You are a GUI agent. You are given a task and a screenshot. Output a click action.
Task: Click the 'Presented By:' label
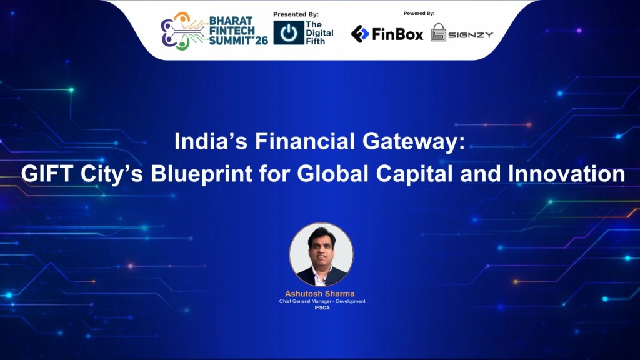[x=296, y=14]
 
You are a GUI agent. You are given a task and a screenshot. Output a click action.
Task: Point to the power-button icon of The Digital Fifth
[x=288, y=33]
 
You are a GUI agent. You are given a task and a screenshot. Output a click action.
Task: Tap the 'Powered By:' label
[x=419, y=13]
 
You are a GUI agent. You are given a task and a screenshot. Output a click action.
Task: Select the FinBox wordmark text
[x=397, y=34]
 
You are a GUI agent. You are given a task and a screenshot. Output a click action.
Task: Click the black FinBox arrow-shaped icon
[x=360, y=34]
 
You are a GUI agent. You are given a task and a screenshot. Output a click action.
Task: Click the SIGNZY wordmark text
[x=471, y=35]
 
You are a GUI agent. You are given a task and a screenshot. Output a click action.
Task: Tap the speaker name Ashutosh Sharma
[x=319, y=294]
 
